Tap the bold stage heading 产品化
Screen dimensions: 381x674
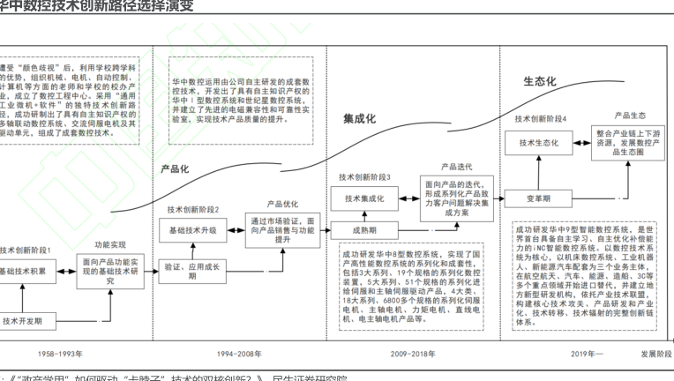176,168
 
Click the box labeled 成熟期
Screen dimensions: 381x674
364,230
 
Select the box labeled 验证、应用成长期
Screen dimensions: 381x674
193,270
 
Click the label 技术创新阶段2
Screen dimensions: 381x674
192,209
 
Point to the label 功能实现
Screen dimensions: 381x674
110,244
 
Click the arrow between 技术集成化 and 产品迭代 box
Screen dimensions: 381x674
407,199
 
